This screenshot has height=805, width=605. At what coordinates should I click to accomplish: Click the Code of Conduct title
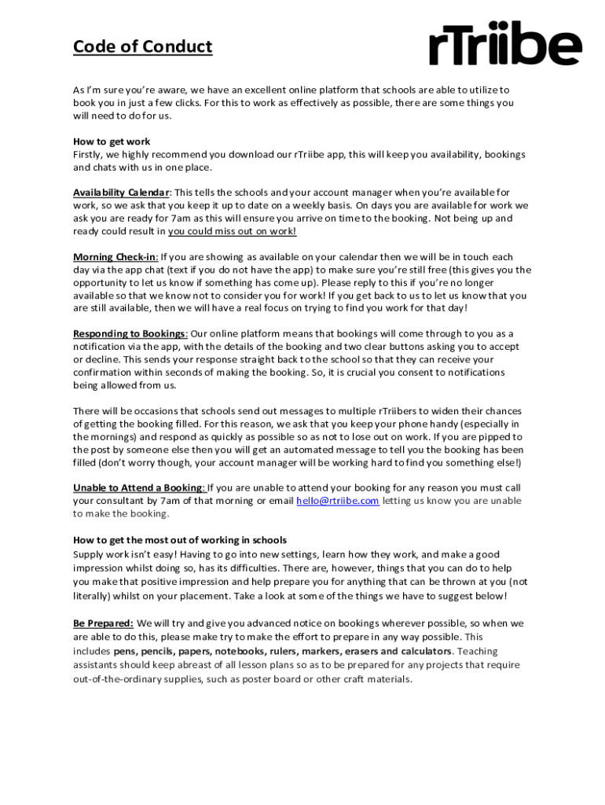point(142,47)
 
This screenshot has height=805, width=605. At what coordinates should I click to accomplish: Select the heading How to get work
point(112,142)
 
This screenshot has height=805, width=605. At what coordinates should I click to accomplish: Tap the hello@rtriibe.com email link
point(337,501)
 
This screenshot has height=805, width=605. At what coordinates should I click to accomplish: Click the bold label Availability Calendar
point(121,193)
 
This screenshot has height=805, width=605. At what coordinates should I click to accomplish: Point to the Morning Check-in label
point(115,257)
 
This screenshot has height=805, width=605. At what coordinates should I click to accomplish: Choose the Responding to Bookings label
point(130,333)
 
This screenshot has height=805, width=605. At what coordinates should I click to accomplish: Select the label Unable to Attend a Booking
point(138,487)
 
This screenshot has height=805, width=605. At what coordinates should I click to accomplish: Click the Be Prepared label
point(103,623)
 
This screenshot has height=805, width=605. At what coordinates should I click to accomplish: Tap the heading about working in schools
point(180,540)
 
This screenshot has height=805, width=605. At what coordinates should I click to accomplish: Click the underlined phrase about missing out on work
point(232,231)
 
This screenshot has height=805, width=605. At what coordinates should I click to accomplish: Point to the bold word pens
point(124,652)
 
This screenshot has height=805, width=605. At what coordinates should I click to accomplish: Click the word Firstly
point(88,155)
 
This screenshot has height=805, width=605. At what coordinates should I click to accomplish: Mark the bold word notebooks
point(238,652)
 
